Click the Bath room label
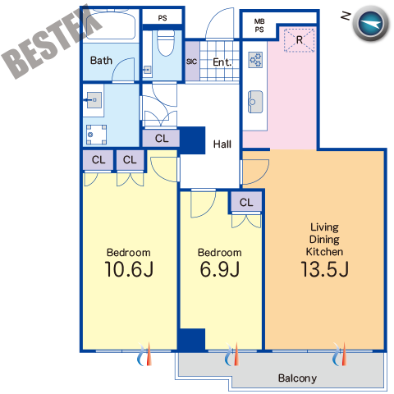(x=101, y=61)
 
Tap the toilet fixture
(x=166, y=43)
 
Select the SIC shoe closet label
(x=191, y=62)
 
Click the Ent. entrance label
(x=222, y=62)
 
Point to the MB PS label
(x=259, y=25)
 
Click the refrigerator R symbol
(x=299, y=40)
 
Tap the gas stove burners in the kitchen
(x=255, y=60)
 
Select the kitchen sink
(x=255, y=102)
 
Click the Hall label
(x=222, y=144)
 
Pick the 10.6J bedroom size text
(x=129, y=269)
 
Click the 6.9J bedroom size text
(x=220, y=269)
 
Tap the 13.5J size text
(x=324, y=269)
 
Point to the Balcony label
(x=297, y=378)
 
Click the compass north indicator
(x=370, y=23)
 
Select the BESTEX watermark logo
(x=51, y=43)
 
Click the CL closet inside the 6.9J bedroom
(x=246, y=203)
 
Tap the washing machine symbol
(x=96, y=135)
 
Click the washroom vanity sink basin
(x=94, y=100)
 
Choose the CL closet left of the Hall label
(x=162, y=139)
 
